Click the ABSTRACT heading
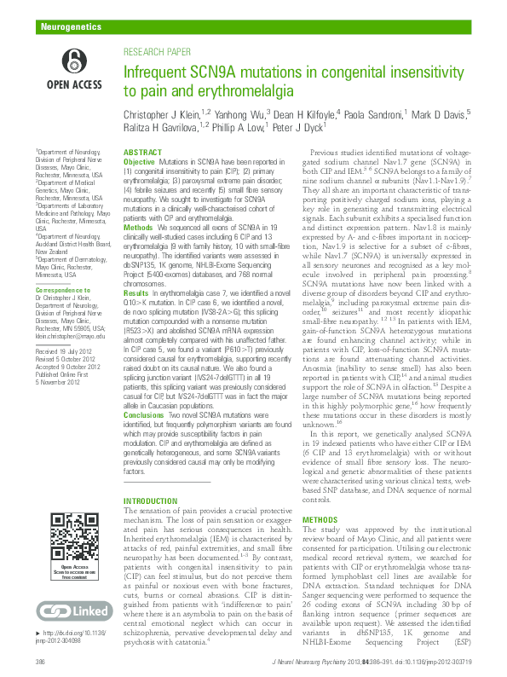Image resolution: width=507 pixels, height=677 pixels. pyautogui.click(x=143, y=152)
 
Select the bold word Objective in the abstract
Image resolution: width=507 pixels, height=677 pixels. pyautogui.click(x=140, y=161)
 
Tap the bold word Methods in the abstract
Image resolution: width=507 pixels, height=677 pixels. pyautogui.click(x=139, y=229)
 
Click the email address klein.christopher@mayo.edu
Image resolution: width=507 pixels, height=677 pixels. pyautogui.click(x=75, y=337)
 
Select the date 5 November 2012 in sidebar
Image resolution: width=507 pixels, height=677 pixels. pyautogui.click(x=62, y=382)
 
